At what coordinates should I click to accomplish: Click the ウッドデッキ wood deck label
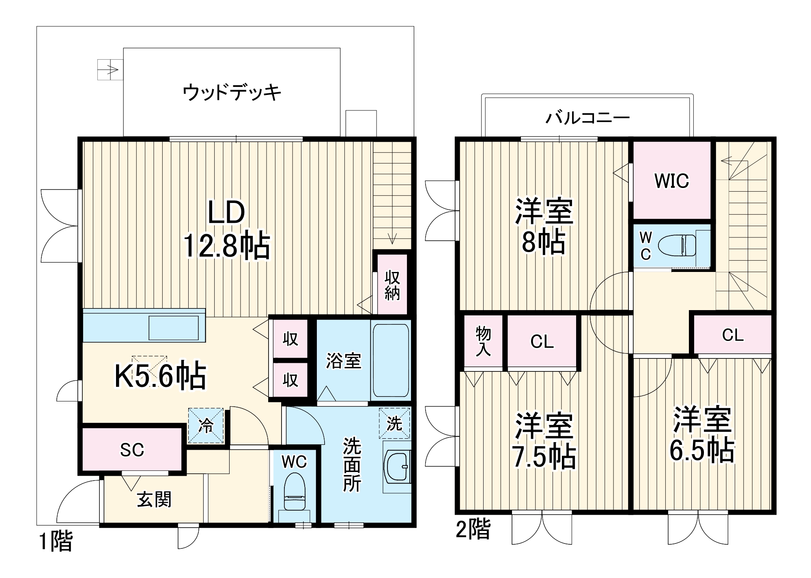click(232, 93)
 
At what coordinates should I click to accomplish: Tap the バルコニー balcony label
click(587, 118)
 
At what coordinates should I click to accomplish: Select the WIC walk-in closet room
click(672, 181)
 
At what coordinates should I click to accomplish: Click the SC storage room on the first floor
click(132, 449)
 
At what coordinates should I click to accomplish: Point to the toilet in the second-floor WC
click(677, 246)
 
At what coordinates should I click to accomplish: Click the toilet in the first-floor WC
click(294, 492)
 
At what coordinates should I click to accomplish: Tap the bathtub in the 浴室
click(390, 360)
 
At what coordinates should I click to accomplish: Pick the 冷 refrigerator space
click(206, 426)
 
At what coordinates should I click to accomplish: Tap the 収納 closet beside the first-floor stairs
click(392, 285)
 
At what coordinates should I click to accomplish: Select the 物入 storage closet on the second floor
click(483, 341)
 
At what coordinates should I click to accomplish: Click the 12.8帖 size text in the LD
click(227, 246)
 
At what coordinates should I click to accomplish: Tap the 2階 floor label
click(473, 529)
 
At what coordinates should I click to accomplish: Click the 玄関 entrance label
click(154, 499)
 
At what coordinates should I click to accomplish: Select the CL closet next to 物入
click(542, 341)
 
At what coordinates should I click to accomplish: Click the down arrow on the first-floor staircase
click(392, 239)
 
